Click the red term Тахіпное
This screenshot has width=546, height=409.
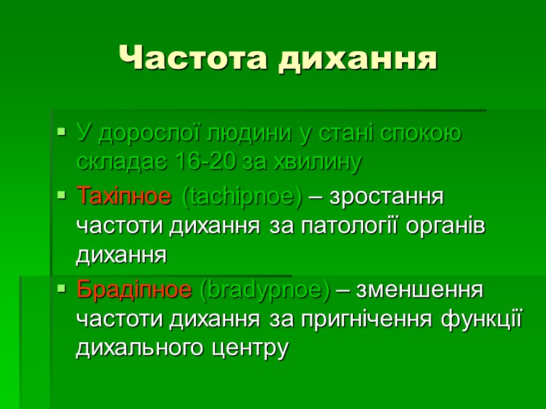tap(124, 197)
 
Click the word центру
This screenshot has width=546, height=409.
tap(251, 348)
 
